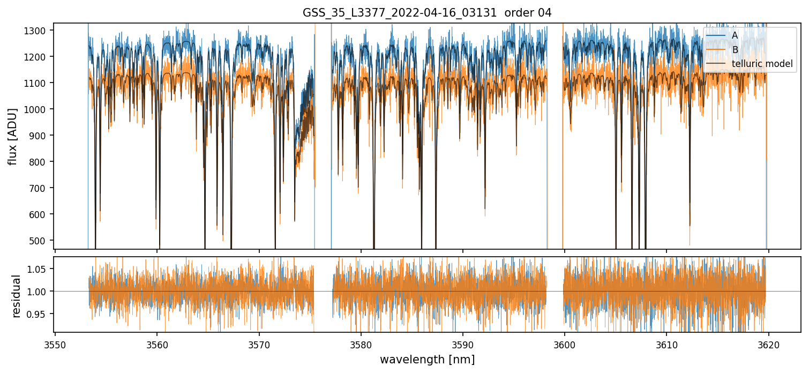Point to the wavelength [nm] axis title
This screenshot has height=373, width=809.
click(427, 360)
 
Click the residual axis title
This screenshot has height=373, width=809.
click(17, 296)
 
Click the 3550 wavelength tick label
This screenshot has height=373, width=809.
click(55, 344)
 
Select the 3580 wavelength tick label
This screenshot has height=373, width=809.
click(361, 344)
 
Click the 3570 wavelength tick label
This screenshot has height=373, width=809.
click(259, 344)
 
